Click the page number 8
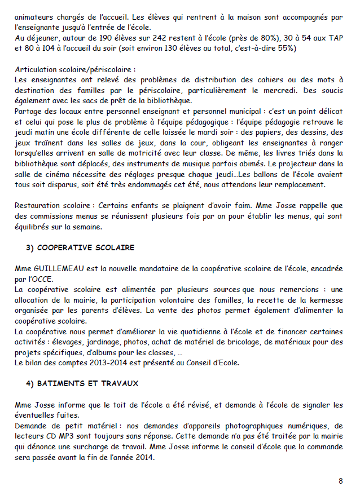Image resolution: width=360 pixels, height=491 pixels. pos(340,481)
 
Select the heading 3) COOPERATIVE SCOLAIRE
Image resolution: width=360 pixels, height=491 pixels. pos(80,247)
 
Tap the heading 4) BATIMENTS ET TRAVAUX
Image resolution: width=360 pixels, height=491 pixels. pos(82,383)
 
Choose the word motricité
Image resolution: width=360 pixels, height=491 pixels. pos(148,154)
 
